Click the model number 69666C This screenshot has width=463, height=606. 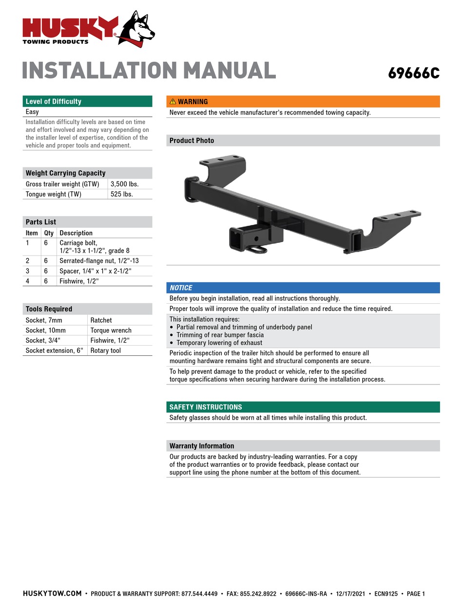[x=413, y=73]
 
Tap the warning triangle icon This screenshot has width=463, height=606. [x=173, y=102]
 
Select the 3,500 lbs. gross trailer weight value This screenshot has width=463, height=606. [x=124, y=184]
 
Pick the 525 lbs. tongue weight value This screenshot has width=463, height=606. [x=122, y=194]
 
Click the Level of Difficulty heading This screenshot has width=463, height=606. [x=53, y=101]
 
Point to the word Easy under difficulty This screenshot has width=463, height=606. [x=32, y=112]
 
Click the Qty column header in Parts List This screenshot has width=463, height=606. [x=49, y=233]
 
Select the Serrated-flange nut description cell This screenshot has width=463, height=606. [x=99, y=261]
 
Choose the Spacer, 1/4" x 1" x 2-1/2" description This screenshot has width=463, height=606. [x=95, y=271]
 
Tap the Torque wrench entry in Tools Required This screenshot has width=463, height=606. [x=111, y=331]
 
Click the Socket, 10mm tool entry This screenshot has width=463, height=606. [x=45, y=331]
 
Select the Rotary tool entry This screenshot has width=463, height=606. [x=106, y=350]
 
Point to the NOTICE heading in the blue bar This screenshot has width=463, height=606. [x=181, y=288]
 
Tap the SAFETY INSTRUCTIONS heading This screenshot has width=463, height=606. [x=205, y=407]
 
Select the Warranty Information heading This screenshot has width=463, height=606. [x=201, y=446]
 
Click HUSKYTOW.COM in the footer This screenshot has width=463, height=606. [x=52, y=593]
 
